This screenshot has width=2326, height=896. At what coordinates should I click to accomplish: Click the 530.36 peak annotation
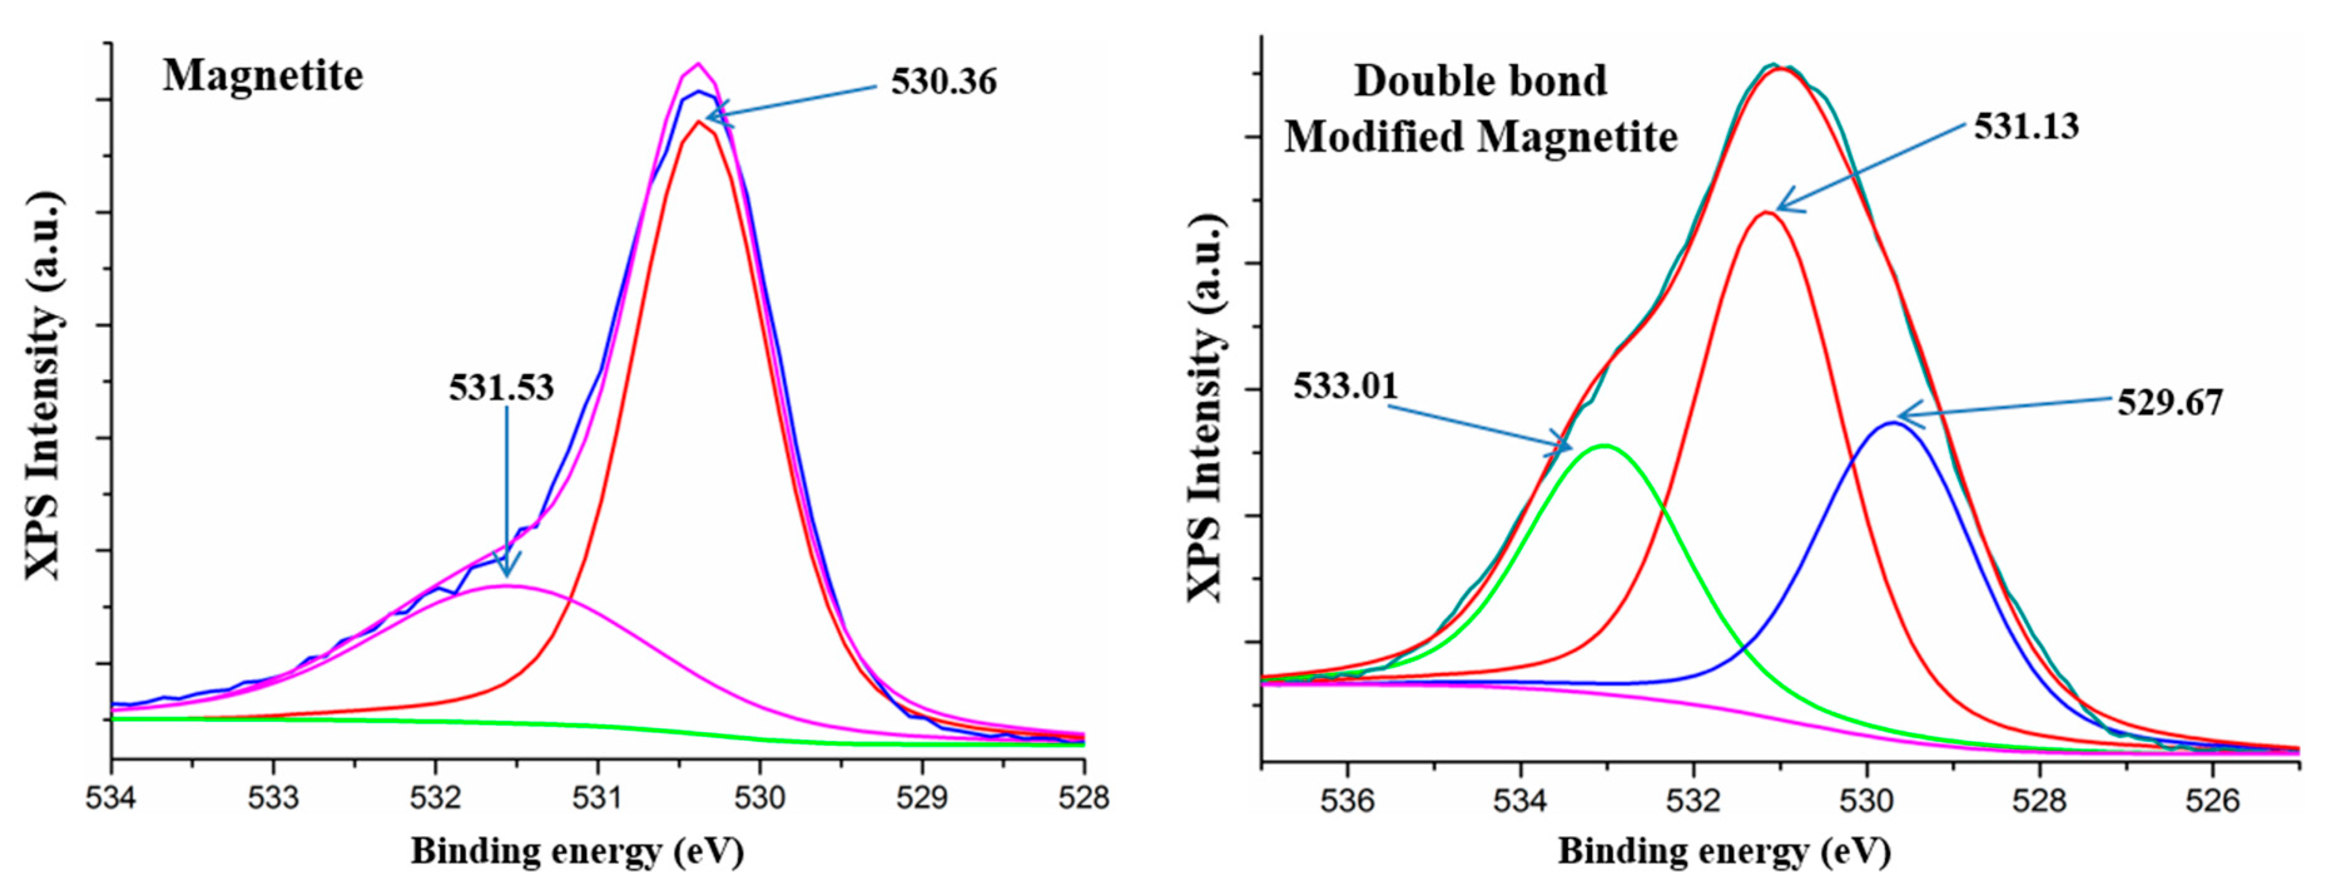(x=944, y=82)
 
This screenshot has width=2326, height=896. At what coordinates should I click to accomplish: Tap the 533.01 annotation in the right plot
(x=1344, y=387)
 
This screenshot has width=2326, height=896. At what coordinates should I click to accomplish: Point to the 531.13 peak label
(x=2025, y=127)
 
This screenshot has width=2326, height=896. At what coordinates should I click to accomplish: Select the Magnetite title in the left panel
(x=263, y=76)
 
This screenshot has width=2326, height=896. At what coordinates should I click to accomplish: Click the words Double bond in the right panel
(x=1480, y=81)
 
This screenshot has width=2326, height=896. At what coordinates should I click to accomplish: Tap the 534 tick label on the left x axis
(x=112, y=798)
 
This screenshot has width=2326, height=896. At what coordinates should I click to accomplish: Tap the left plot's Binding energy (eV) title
(x=577, y=851)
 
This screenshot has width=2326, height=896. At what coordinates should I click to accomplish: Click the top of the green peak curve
(x=1605, y=445)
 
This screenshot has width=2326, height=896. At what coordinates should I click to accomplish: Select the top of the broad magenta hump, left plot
(x=506, y=585)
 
